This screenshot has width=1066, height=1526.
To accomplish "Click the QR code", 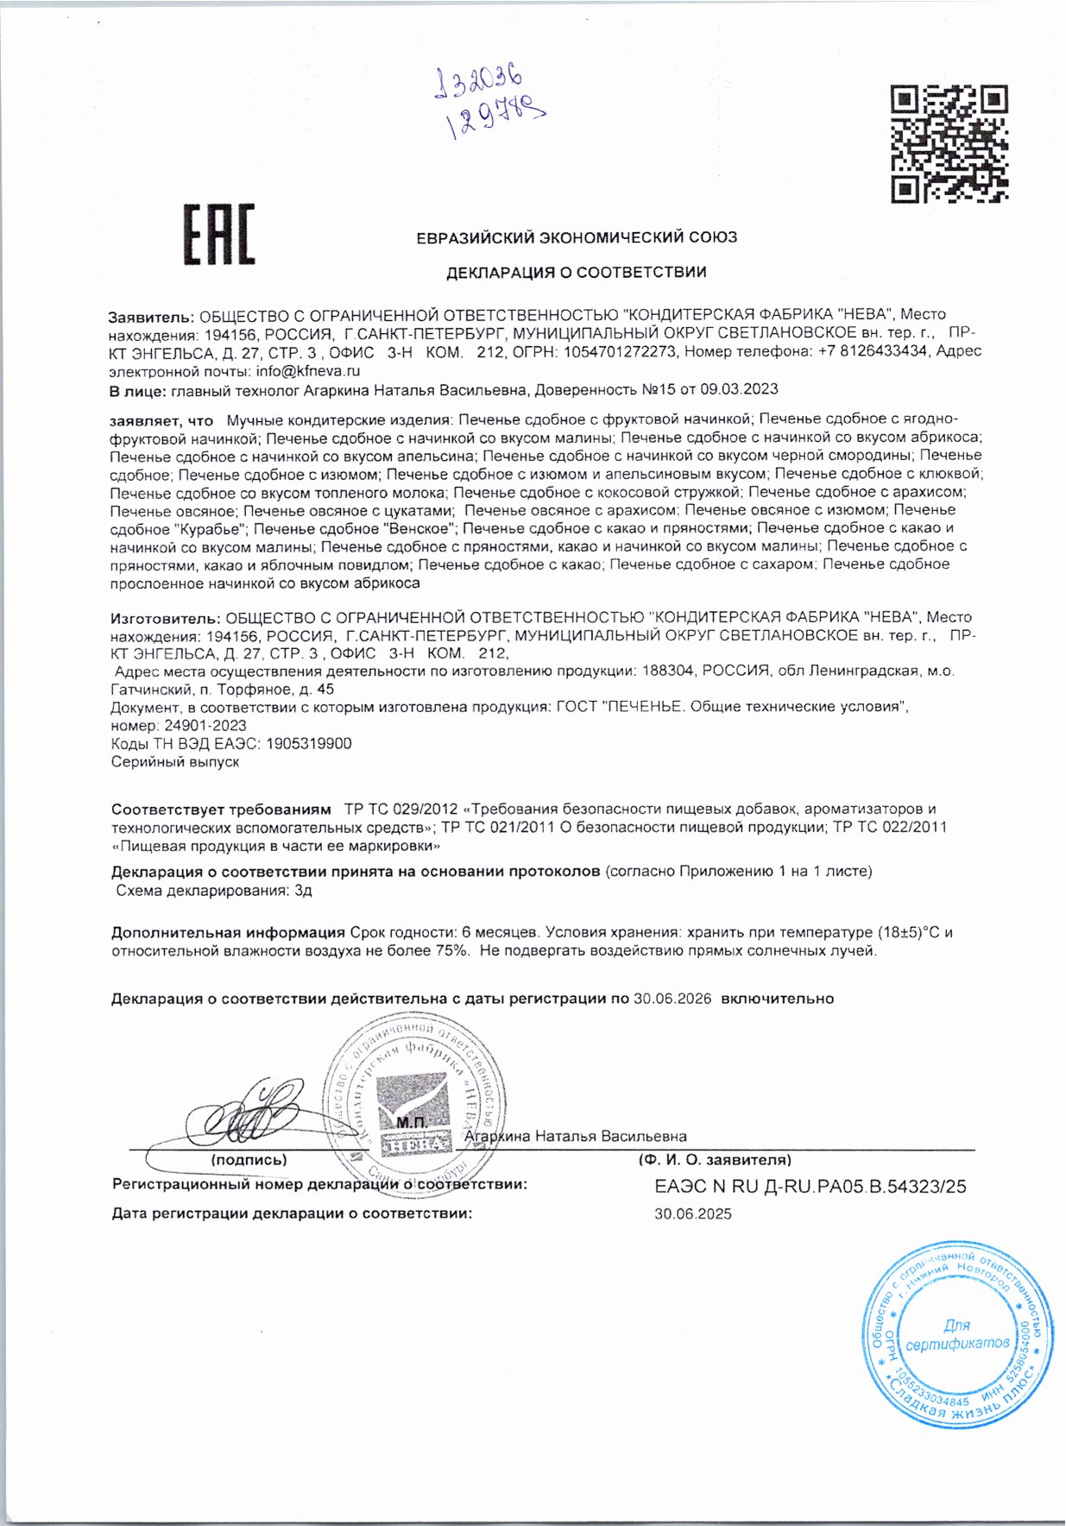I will coord(949,143).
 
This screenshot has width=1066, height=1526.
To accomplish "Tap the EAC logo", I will coord(219,234).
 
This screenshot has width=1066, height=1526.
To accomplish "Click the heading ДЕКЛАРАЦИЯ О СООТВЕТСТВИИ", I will coord(576,273).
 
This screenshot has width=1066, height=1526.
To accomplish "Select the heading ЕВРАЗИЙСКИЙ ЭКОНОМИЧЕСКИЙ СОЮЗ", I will coord(577,237).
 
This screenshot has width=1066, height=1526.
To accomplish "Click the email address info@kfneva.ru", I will coord(307,371).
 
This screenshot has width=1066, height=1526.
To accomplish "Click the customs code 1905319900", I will coord(309,744).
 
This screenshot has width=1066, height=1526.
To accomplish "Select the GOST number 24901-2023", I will coord(205,726).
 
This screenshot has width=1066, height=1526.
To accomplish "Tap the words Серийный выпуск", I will coord(175,762).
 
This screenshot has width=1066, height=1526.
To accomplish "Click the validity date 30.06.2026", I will coord(672,999).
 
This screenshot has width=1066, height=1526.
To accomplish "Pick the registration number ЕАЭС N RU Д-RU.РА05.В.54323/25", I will coord(811,1187).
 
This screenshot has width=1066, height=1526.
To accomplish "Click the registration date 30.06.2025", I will coord(692,1214).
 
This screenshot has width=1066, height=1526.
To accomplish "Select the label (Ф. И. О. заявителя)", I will coord(714,1161).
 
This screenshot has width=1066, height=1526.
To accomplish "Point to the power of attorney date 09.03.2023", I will coord(744,390).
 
